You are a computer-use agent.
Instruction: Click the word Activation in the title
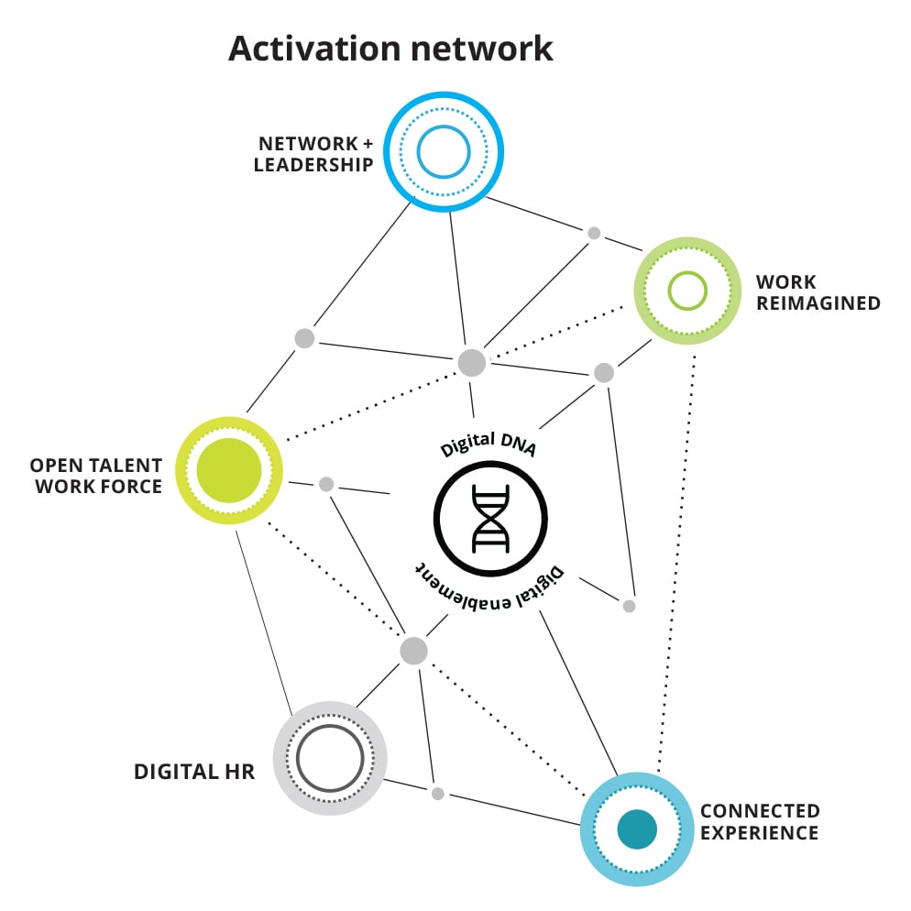tap(314, 49)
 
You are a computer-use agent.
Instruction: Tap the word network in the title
tap(482, 49)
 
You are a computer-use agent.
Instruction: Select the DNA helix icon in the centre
tap(490, 519)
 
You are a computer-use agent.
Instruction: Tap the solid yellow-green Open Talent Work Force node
tap(229, 470)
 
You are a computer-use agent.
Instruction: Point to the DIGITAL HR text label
tap(194, 772)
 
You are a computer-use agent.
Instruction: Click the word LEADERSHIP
tap(313, 164)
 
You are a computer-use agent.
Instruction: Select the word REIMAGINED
tap(818, 302)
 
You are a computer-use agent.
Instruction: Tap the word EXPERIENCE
tap(759, 832)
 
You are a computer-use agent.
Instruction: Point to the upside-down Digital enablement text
tap(489, 589)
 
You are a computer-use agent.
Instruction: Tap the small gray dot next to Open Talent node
tap(326, 484)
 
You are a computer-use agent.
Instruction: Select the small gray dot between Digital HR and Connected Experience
tap(438, 794)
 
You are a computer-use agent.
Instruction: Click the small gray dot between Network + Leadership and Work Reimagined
tap(594, 233)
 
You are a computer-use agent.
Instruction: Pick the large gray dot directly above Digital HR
tap(413, 651)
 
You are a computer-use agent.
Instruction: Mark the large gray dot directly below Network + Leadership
tap(472, 363)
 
